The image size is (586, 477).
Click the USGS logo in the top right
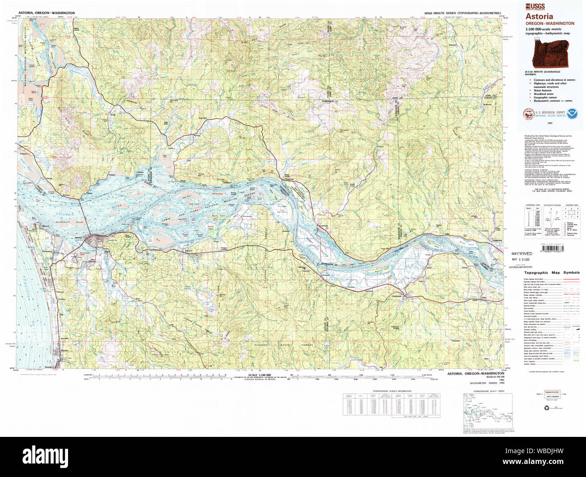[x=535, y=6]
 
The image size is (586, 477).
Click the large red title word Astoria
[x=539, y=16]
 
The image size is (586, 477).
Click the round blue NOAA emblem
[x=575, y=114]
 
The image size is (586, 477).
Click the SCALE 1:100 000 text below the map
[x=259, y=375]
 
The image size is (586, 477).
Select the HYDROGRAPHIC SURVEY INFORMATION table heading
[x=392, y=391]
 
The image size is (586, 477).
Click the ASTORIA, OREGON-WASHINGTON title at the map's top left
[x=46, y=14]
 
